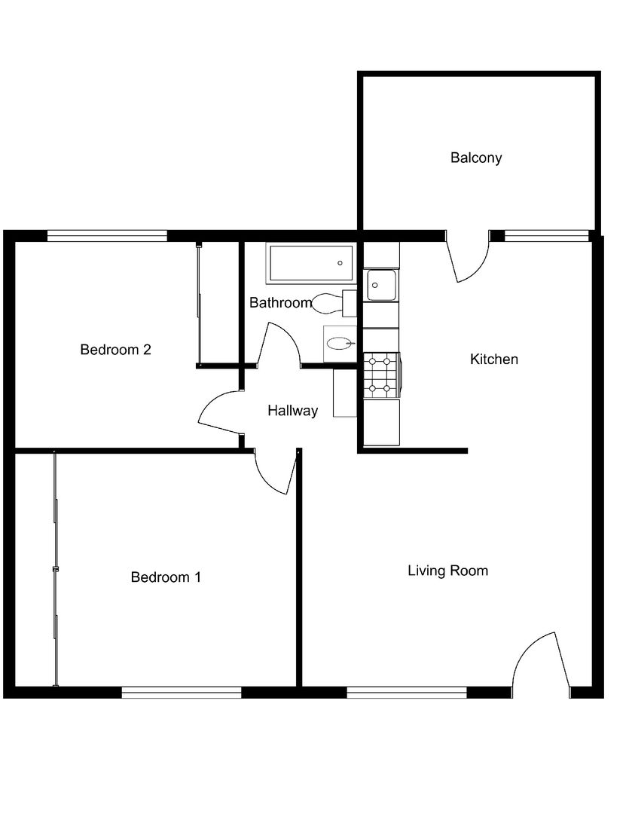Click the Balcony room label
click(476, 158)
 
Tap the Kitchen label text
click(494, 360)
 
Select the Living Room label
click(448, 571)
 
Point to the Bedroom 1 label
click(166, 577)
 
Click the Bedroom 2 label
click(116, 350)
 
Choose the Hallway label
click(293, 412)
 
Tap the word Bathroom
click(281, 303)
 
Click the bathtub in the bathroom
click(311, 263)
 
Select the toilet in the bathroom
click(334, 304)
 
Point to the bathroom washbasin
click(340, 343)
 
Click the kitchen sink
click(381, 285)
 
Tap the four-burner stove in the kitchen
click(382, 375)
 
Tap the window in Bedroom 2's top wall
click(108, 236)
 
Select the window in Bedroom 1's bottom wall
click(182, 692)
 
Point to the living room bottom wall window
click(407, 692)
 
